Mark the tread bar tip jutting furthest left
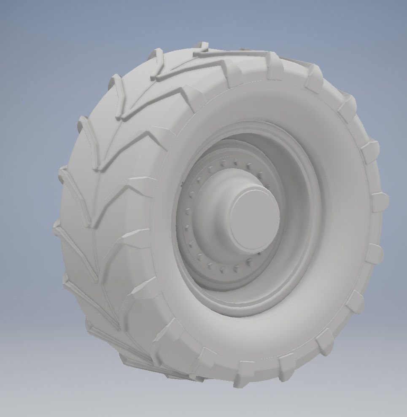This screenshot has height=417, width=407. (x=56, y=230)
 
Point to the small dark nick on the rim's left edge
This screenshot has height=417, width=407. (x=182, y=184)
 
